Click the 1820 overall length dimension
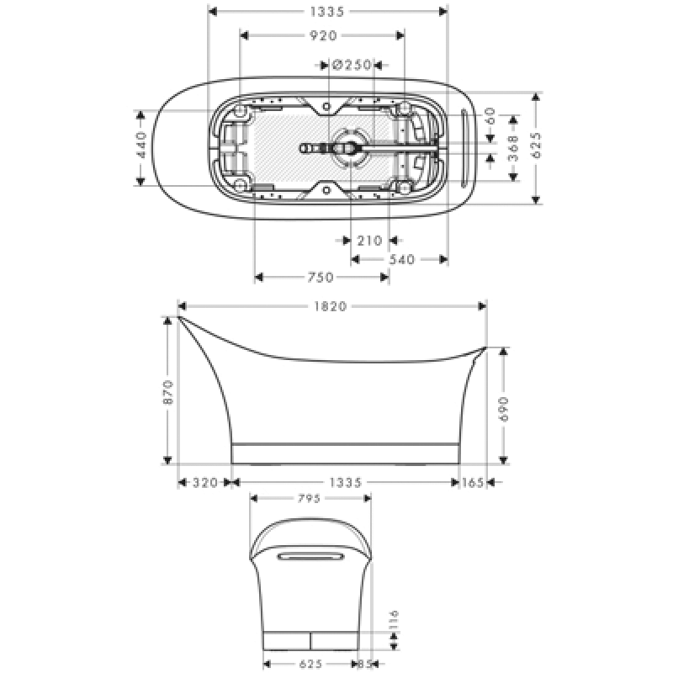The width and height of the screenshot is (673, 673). [x=331, y=306]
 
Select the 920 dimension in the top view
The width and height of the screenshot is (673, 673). [x=323, y=35]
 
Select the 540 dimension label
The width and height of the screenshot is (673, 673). [x=401, y=260]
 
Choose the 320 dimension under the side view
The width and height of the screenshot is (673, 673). [x=204, y=482]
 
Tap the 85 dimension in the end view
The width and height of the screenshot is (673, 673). [x=366, y=664]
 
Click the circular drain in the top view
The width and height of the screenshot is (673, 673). [x=348, y=148]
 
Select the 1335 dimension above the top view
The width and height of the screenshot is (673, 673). [x=327, y=12]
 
